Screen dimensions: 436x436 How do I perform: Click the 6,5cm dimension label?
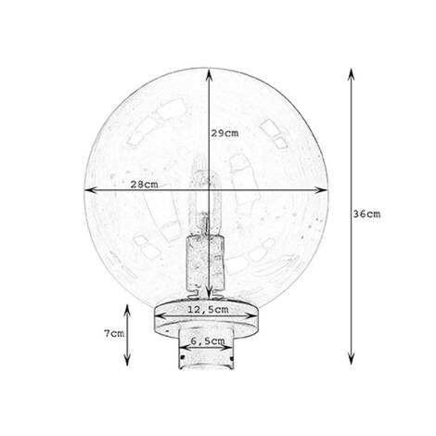click(x=205, y=341)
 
